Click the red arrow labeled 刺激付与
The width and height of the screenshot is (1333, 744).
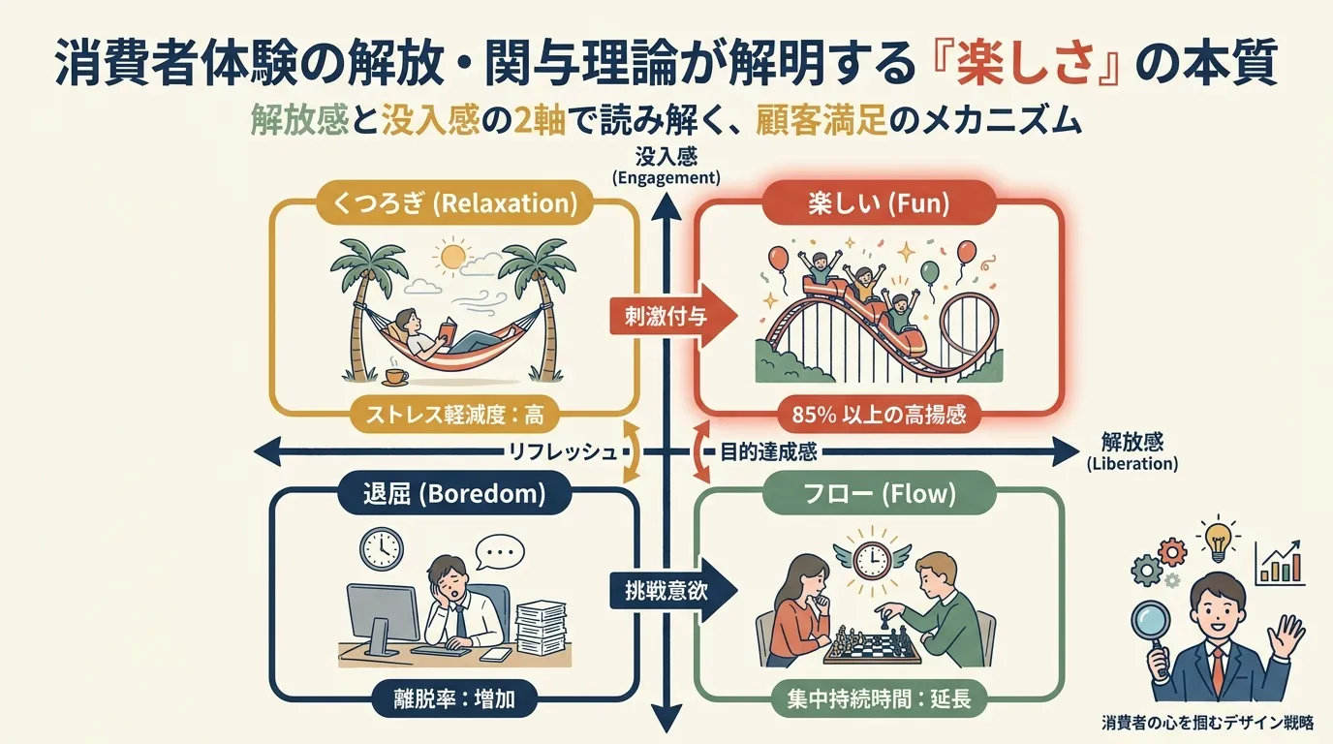click(x=672, y=316)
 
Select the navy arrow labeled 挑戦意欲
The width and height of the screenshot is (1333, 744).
click(x=672, y=590)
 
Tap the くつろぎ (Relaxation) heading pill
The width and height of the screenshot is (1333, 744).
click(x=454, y=203)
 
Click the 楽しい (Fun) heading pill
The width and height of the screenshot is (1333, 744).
click(x=879, y=203)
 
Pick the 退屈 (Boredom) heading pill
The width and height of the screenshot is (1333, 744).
click(x=454, y=493)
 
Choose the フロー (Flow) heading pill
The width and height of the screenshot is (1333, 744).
click(x=879, y=493)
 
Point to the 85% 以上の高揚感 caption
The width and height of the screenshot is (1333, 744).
click(x=879, y=415)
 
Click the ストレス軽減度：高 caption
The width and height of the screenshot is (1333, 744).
click(x=454, y=415)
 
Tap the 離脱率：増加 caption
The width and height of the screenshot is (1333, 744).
click(x=454, y=698)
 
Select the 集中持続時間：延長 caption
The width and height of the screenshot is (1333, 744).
click(x=879, y=698)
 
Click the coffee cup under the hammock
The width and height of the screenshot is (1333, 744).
click(x=395, y=376)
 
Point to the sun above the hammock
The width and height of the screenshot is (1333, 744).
click(x=452, y=256)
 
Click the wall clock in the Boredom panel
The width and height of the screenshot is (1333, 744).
click(x=382, y=547)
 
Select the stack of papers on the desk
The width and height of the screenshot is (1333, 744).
click(x=541, y=627)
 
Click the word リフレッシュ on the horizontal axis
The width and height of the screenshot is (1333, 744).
click(x=562, y=452)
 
